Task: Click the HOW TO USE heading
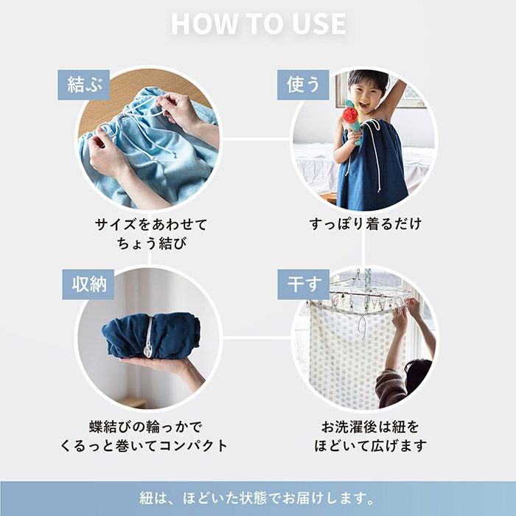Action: (258, 24)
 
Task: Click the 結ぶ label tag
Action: (83, 84)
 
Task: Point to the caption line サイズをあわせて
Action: (151, 223)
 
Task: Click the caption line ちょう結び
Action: (151, 243)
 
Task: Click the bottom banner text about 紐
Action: (258, 498)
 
